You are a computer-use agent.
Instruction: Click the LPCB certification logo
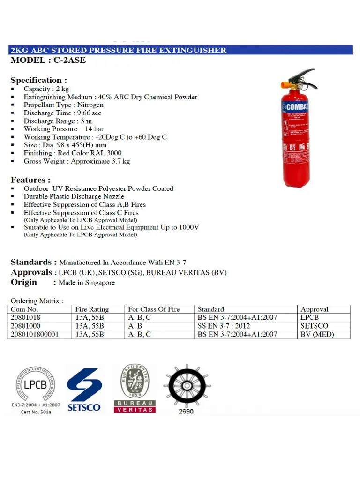[36, 389]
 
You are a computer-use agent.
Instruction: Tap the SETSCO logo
[84, 389]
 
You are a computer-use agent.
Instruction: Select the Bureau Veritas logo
[135, 388]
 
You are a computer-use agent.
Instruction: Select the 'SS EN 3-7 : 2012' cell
[224, 326]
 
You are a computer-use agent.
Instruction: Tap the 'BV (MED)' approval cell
[318, 334]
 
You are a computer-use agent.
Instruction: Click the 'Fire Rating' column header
[92, 309]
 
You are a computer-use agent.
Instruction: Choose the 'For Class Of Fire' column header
[154, 309]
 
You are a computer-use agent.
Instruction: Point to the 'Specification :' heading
[39, 80]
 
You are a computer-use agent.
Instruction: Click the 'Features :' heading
[30, 180]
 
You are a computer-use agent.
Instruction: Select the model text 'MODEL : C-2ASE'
[48, 60]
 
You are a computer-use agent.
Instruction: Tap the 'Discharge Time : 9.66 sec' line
[63, 113]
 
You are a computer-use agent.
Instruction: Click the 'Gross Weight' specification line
[77, 161]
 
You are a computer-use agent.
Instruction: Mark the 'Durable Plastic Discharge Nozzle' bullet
[74, 196]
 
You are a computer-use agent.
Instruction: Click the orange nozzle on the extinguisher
[285, 85]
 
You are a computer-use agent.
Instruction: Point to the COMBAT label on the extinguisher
[296, 106]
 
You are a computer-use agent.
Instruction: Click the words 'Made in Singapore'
[87, 283]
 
